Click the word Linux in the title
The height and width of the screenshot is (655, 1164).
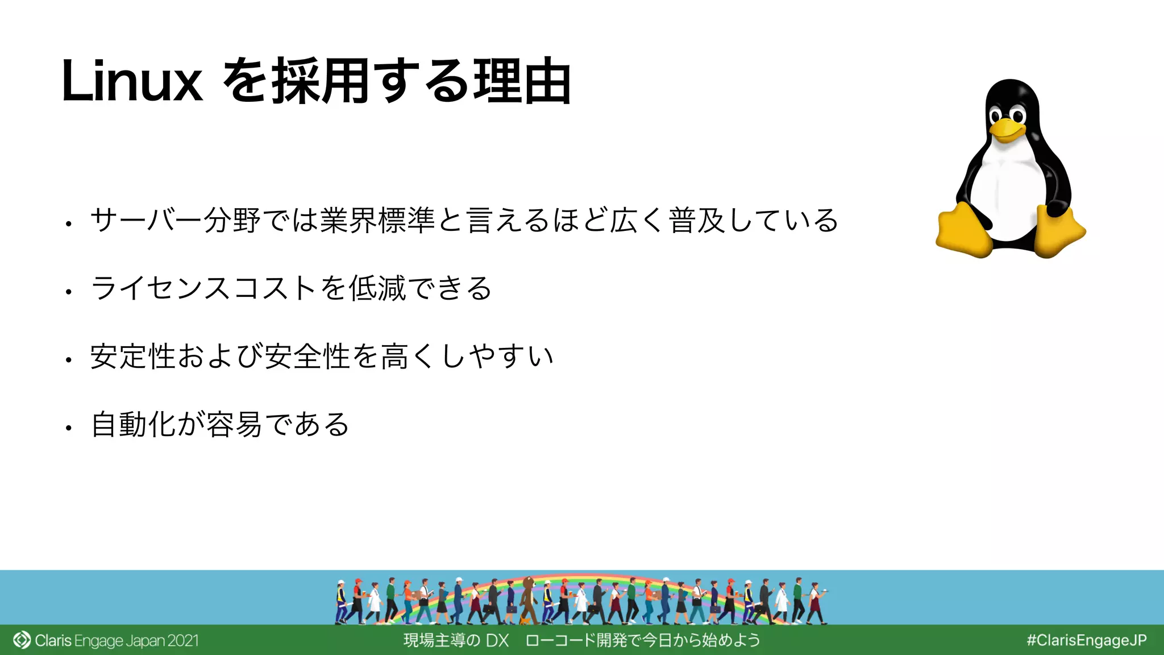click(x=132, y=82)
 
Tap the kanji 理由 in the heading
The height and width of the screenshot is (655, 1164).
click(x=522, y=82)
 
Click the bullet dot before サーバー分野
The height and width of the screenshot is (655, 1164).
click(x=68, y=224)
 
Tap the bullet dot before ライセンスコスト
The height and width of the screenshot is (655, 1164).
click(x=68, y=292)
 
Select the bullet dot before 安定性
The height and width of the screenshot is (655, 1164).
click(x=68, y=360)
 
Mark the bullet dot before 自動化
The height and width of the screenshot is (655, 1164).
click(x=68, y=428)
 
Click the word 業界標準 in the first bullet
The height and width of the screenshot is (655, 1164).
click(x=377, y=221)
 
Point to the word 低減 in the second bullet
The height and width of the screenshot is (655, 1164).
click(x=377, y=288)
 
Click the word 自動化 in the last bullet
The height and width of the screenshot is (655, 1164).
click(x=134, y=425)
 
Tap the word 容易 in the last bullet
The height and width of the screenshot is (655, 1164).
click(x=234, y=425)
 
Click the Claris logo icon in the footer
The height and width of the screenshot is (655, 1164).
click(x=22, y=640)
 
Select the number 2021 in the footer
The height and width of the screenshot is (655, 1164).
click(x=183, y=641)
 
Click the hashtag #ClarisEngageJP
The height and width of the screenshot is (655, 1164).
click(x=1086, y=640)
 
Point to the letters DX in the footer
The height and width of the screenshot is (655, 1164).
click(x=497, y=641)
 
